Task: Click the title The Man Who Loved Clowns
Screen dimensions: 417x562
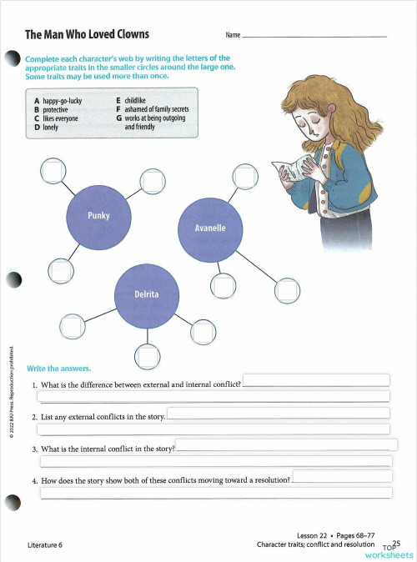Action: [87, 34]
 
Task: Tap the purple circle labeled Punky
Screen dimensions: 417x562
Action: [98, 215]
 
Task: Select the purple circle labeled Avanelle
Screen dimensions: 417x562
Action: [209, 228]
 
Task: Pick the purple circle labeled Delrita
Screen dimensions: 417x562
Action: [146, 295]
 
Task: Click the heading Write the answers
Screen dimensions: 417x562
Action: [58, 368]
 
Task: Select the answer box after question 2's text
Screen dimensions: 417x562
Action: [279, 413]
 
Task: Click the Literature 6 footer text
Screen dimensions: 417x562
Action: [44, 545]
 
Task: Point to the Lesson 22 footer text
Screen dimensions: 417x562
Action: [314, 534]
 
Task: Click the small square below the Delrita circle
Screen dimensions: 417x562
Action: [148, 356]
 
